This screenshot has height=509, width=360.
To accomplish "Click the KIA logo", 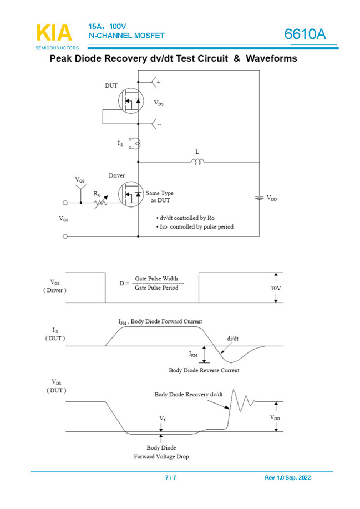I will (54, 33).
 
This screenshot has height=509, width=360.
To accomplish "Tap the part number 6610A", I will (305, 34).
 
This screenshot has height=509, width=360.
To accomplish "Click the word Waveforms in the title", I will (272, 58).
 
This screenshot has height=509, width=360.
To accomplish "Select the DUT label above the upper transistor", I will (111, 85).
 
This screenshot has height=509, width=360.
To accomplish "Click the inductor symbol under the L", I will (197, 162).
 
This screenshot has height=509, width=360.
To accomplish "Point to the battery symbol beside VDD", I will (258, 198).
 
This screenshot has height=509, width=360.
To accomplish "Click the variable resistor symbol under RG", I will (100, 203).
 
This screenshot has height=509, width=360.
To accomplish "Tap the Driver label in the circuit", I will (116, 175).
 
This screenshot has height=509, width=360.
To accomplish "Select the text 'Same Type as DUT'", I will (160, 196).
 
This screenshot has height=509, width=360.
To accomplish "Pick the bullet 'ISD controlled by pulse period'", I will (194, 227).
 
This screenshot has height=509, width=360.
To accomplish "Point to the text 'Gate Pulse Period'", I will (157, 289).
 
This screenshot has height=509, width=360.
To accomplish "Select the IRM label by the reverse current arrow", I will (192, 354).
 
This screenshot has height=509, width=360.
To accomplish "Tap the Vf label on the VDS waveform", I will (162, 417).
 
